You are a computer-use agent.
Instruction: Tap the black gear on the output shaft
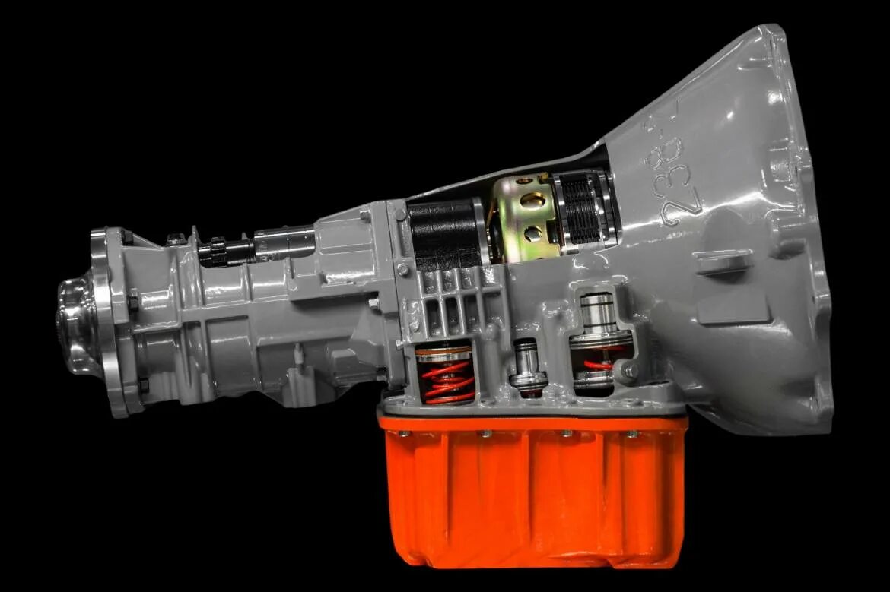coord(216,250)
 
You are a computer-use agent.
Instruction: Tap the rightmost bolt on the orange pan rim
coord(632,434)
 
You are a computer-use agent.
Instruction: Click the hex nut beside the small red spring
coord(630,370)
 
